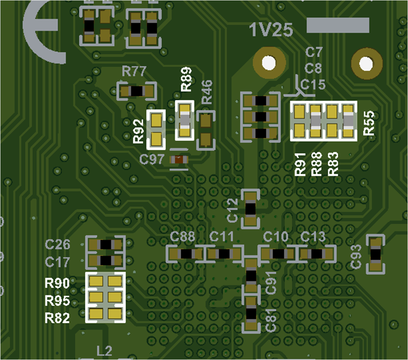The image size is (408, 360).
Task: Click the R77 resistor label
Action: pos(134,72)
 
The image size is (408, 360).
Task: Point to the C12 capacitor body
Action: pos(251,209)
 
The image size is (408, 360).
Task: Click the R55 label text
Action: pos(369,122)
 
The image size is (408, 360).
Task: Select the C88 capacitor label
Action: pos(182,236)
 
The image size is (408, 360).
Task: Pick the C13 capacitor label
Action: pos(313,236)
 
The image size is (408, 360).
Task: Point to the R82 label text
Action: pos(57,318)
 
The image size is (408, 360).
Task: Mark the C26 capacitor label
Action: pos(58,244)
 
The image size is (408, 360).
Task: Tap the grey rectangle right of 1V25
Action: pos(338,25)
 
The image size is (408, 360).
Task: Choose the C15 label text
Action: pos(313,85)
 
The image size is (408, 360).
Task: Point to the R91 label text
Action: pos(300,164)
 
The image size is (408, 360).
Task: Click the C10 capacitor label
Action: pos(276,236)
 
